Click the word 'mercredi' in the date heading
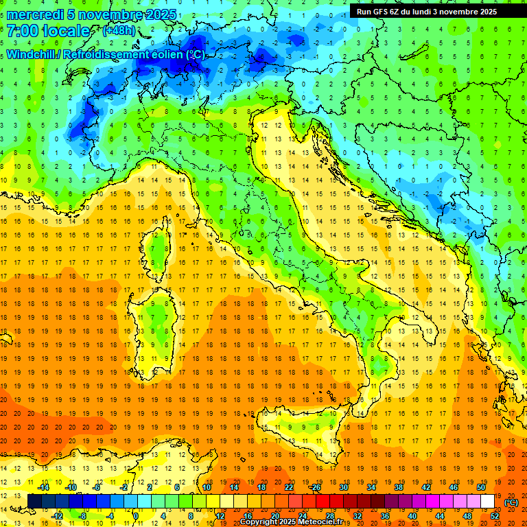click(35, 14)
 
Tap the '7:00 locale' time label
click(48, 31)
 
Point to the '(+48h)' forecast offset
click(118, 31)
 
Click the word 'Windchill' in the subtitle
click(32, 54)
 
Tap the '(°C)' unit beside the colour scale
click(511, 502)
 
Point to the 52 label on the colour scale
click(495, 516)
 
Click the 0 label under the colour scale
click(136, 516)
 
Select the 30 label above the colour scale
click(343, 487)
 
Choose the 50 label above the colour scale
click(481, 487)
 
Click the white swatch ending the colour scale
click(488, 502)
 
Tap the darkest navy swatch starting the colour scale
click(35, 502)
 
